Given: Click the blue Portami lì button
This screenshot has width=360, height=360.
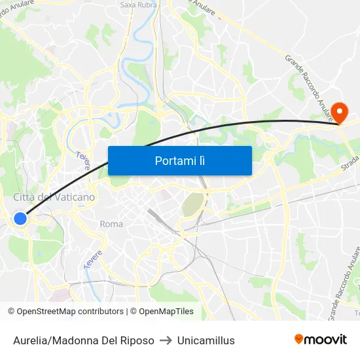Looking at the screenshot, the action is [179, 160].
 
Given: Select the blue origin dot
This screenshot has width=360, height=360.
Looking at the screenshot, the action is [20, 219].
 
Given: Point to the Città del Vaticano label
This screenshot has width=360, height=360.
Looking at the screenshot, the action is [54, 197].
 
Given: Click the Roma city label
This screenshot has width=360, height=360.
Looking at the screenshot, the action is [111, 224].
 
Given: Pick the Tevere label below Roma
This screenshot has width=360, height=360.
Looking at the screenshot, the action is [94, 258].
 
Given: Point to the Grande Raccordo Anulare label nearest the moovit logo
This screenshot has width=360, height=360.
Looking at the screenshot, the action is [344, 281].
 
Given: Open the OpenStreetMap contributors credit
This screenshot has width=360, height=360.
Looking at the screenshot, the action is [70, 312].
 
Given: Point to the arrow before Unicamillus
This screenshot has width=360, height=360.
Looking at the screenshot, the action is [166, 340].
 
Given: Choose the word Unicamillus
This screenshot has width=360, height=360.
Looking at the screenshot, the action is [206, 340].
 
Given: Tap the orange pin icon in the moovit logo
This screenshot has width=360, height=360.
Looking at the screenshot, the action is [299, 339].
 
